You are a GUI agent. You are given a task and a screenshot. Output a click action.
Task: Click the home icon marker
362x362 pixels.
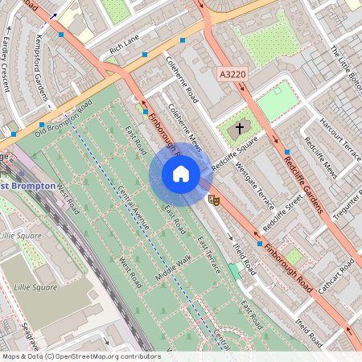pos(181,174)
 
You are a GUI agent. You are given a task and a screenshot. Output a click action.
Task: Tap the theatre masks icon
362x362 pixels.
pos(214,198)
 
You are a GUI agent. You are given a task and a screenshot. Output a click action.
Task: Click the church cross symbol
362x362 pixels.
pos(238,129)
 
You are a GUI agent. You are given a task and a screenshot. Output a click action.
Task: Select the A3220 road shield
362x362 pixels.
pos(232,74)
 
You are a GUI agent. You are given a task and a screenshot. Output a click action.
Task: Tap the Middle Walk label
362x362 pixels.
pos(175,269)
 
